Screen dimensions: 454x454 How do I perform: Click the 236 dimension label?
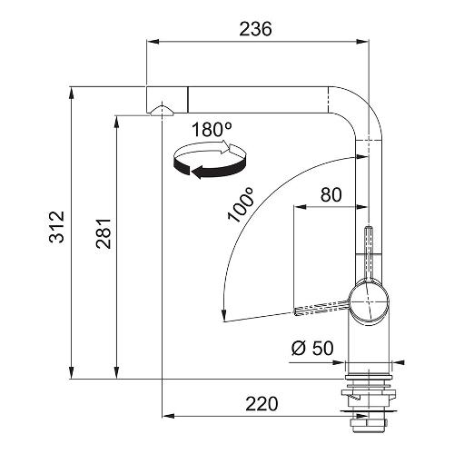click(x=255, y=29)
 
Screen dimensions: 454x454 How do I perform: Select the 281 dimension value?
click(x=104, y=232)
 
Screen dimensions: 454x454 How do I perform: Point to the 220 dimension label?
click(x=262, y=404)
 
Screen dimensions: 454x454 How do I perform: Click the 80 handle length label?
click(x=331, y=194)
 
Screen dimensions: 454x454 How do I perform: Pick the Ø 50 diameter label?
click(x=312, y=348)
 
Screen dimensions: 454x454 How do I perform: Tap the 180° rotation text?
click(x=212, y=129)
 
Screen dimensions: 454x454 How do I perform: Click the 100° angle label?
click(x=241, y=205)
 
